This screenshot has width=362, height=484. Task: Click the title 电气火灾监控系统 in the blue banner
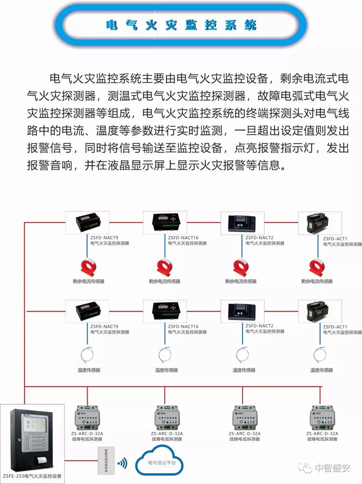(x=181, y=25)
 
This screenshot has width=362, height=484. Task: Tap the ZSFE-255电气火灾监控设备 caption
(x=32, y=476)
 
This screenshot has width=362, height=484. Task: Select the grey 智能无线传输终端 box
(x=106, y=461)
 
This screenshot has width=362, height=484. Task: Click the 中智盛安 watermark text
(x=333, y=468)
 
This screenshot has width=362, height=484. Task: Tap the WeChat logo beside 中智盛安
(x=305, y=468)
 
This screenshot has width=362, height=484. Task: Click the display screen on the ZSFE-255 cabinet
(x=34, y=423)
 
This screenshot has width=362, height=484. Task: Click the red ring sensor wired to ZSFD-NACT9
(x=88, y=267)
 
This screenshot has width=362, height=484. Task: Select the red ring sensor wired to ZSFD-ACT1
(x=316, y=267)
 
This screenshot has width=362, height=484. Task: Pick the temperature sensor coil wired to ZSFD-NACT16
(x=165, y=355)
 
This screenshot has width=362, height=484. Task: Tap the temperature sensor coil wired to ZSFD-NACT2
(x=242, y=355)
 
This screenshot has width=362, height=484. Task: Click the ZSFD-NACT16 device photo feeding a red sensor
(x=165, y=222)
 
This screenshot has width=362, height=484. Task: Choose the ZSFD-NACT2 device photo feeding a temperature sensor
(x=242, y=311)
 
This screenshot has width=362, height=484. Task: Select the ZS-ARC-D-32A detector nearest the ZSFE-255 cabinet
(x=87, y=417)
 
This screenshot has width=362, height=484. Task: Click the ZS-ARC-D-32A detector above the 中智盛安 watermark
(x=322, y=417)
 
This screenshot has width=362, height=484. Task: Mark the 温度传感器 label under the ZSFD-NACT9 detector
(x=89, y=370)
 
